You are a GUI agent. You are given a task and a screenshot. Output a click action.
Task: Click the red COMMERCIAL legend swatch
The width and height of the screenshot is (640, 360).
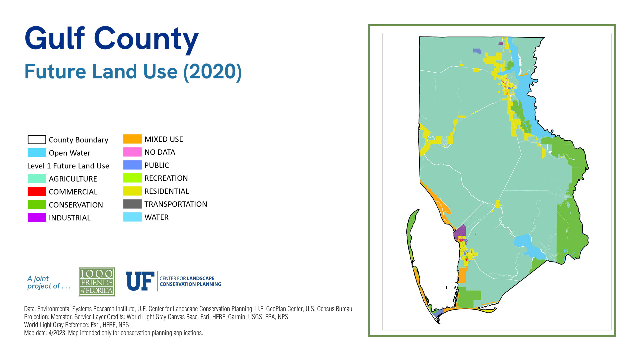pos(37,192)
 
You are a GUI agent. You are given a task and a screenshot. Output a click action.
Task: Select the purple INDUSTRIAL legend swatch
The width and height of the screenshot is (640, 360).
pos(37,218)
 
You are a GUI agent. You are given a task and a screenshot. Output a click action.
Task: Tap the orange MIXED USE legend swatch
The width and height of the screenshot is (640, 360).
pos(132,139)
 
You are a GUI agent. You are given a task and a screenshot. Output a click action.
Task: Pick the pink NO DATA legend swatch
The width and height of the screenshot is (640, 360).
pos(132,152)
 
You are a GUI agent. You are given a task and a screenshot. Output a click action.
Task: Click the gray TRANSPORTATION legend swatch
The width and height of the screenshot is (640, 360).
pos(132,204)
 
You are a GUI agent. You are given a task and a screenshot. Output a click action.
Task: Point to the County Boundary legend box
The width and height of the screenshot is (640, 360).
pos(37,140)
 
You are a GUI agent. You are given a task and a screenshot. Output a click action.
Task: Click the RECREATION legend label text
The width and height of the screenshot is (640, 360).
pos(166,178)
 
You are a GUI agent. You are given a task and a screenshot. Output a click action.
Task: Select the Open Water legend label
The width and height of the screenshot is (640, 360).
pos(69,153)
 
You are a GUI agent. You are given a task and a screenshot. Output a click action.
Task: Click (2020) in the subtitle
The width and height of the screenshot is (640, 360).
pos(212,72)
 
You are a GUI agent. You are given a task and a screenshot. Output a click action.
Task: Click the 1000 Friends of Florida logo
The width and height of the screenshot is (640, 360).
pos(97,282)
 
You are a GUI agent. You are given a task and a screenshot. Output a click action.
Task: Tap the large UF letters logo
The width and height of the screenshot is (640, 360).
pos(140,281)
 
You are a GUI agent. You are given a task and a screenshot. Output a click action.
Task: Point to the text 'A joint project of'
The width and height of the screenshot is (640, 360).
pos(48,282)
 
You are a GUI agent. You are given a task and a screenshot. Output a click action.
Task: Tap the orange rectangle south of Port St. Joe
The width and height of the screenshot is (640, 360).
pos(462,275)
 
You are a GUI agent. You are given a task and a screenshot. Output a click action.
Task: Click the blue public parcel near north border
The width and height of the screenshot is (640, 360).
pos(477,51)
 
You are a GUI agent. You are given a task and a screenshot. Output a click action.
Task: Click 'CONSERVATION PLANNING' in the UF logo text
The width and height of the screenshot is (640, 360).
pos(190,284)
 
